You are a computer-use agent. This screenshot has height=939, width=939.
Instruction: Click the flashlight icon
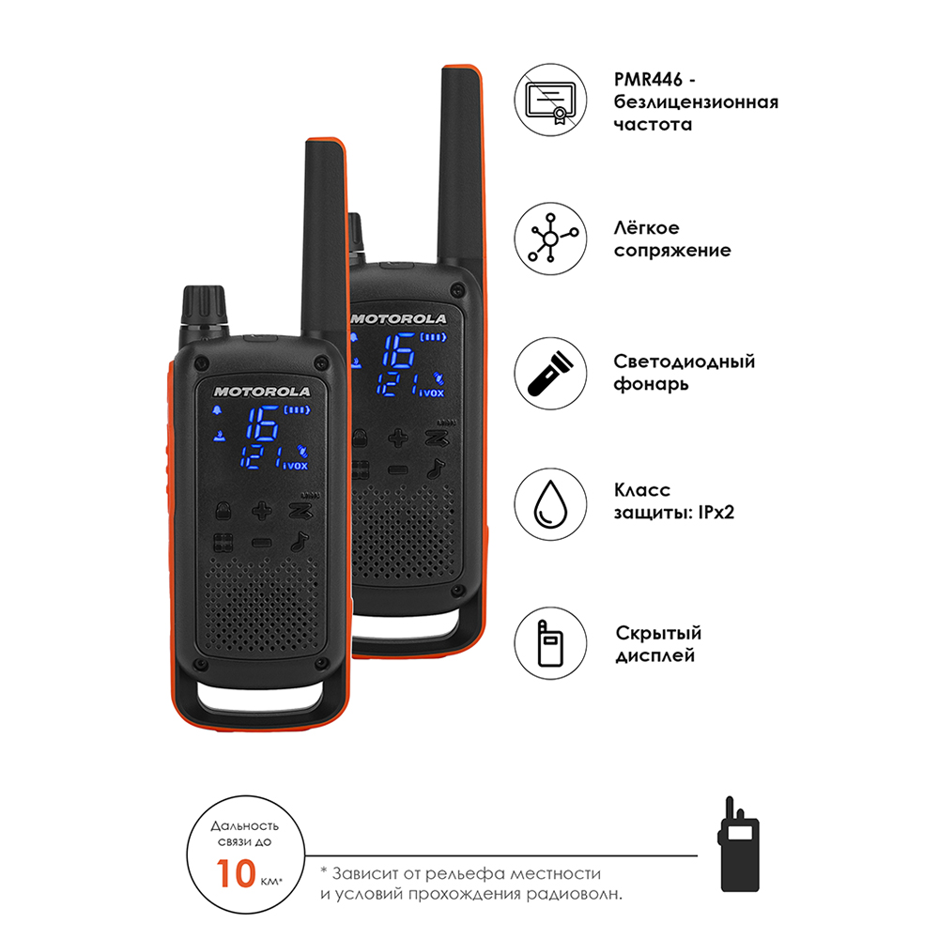click(549, 374)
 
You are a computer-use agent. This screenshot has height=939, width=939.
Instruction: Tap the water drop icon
click(549, 504)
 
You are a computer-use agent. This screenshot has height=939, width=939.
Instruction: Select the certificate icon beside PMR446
click(549, 100)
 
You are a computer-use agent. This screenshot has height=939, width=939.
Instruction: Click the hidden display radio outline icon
click(549, 644)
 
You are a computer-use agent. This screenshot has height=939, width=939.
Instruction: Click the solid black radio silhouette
click(739, 844)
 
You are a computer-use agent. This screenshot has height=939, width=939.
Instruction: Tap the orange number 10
click(236, 873)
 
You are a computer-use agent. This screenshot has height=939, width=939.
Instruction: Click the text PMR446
click(648, 79)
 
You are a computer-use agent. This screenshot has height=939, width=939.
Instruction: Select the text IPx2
click(716, 513)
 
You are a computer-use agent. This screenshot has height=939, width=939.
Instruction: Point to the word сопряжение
click(672, 251)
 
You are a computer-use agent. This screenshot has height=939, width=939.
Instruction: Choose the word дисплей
click(655, 655)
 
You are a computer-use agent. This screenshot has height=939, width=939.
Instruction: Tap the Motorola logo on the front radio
click(262, 392)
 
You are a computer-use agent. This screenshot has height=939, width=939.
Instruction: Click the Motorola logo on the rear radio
click(399, 319)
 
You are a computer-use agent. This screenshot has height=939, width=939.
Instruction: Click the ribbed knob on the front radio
click(204, 305)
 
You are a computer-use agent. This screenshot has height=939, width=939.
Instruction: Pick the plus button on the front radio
click(262, 511)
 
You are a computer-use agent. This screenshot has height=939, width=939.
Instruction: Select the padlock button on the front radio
click(223, 511)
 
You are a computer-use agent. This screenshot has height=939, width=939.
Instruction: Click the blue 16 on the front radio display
click(262, 423)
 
